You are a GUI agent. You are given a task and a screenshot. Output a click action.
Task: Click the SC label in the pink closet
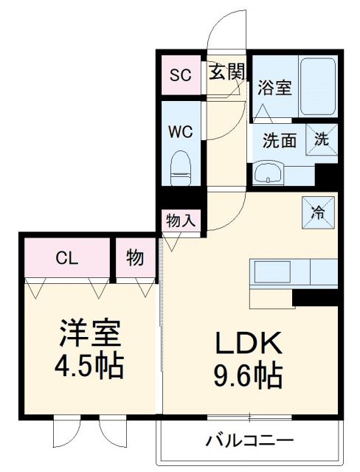coord(180,74)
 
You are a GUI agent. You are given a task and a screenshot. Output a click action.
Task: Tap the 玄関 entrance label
coord(226,72)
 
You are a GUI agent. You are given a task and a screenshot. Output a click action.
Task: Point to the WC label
coord(180,133)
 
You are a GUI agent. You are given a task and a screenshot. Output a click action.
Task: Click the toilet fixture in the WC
coord(180,167)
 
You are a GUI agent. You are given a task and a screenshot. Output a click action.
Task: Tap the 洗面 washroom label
coord(280,139)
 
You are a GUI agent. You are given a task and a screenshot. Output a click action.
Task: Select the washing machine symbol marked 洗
coord(323,138)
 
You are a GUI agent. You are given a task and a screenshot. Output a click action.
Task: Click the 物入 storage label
coord(180,220)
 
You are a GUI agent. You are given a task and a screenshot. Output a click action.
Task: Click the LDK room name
coord(249,343)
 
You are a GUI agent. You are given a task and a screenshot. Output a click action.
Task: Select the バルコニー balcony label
coord(249,440)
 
